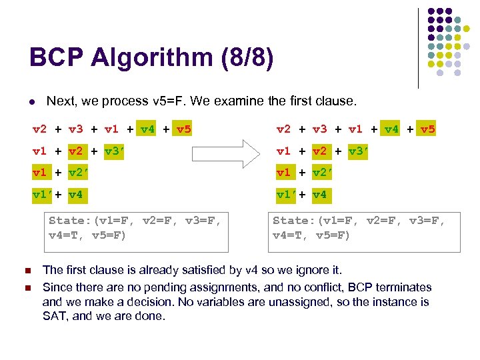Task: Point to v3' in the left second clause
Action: coord(115,151)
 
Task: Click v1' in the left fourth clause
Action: coord(43,195)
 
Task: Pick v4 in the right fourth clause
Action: coord(320,195)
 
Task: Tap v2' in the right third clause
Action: coord(323,173)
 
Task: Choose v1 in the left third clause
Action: coord(40,173)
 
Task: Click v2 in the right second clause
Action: coord(320,151)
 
